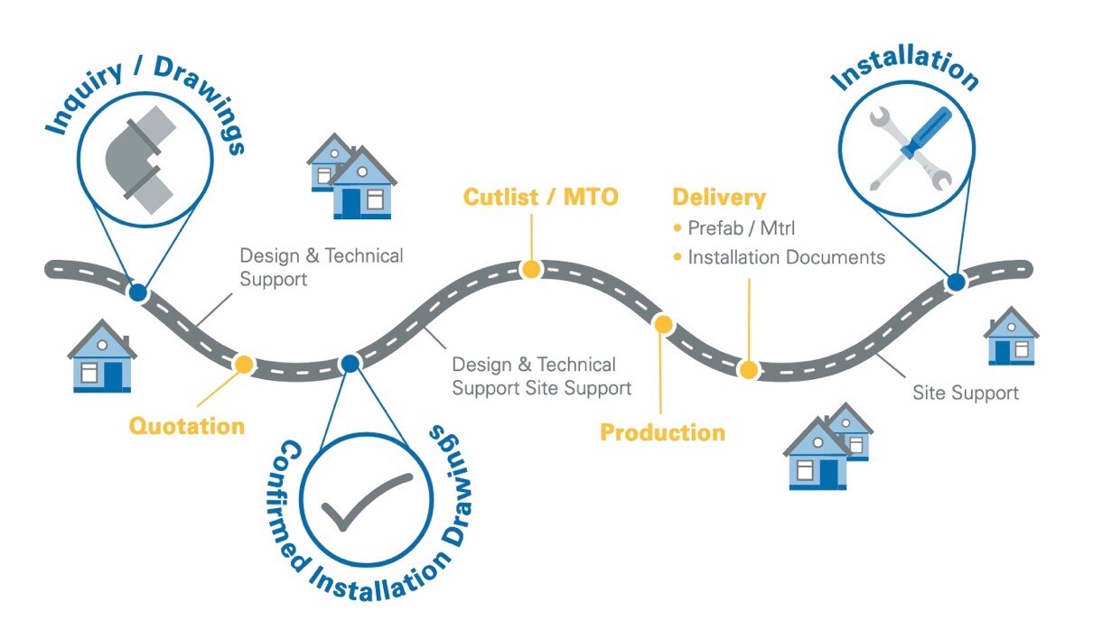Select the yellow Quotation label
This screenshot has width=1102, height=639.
coord(187,425)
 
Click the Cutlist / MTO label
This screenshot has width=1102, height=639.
coord(541,197)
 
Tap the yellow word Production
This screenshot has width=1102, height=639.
coord(662,432)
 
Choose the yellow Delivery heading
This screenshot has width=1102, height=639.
coord(718,198)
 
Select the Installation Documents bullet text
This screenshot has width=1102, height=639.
coord(786,257)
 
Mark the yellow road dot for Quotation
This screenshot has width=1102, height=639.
coord(243,364)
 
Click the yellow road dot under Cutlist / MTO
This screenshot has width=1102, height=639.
coord(531,268)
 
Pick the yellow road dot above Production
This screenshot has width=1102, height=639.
coord(663,324)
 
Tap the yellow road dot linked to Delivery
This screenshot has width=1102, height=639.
coord(748,369)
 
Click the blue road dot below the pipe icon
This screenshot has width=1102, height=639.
coord(137,292)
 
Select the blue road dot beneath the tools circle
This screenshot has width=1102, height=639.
coord(956,282)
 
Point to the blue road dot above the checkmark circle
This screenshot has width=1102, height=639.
coord(350,363)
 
